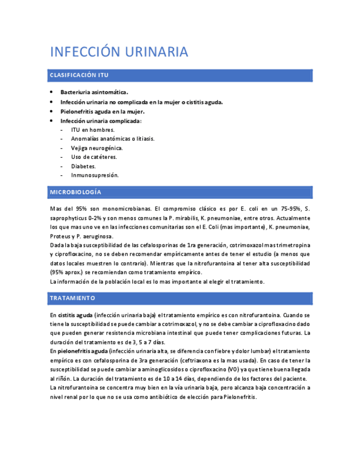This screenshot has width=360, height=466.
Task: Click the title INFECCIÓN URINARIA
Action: point(119,52)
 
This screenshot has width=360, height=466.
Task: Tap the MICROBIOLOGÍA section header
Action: point(75,192)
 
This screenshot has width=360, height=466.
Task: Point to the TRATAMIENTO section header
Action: point(73,298)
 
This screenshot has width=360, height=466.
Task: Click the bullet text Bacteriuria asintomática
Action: point(94,92)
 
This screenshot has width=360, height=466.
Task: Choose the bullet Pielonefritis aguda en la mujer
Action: point(102,111)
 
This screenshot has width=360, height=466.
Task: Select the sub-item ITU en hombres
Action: point(93,130)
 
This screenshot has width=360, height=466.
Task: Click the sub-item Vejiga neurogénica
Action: point(97,148)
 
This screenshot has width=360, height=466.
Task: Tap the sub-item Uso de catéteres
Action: point(94,157)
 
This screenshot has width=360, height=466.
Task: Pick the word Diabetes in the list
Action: point(84,166)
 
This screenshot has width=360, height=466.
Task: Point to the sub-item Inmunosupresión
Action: point(95,175)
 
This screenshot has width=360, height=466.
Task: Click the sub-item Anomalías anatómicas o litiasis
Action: point(113,138)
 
